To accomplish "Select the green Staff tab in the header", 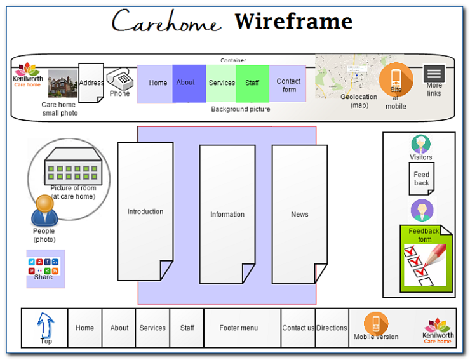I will (x=252, y=83).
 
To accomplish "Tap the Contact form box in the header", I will (x=288, y=84).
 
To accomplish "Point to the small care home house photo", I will (x=62, y=84).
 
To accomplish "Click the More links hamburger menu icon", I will (x=434, y=74).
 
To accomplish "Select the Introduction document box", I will (x=145, y=211).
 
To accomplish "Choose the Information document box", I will (x=227, y=214).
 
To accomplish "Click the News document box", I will (x=300, y=214).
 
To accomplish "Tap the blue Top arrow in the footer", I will (x=46, y=326).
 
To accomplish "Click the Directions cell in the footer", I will (x=332, y=328).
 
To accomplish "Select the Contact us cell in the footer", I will (x=298, y=328).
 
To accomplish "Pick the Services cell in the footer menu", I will (x=152, y=328).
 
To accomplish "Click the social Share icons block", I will (x=44, y=267).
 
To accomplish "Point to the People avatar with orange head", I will (x=44, y=210).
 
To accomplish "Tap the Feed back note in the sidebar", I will (x=421, y=178).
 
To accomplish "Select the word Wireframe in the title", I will (x=293, y=22).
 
